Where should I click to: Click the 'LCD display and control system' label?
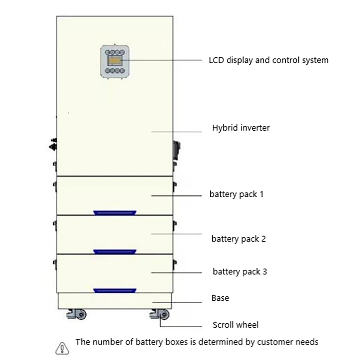click(x=269, y=60)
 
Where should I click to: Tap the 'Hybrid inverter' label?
click(x=240, y=128)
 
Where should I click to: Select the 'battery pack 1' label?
click(x=237, y=194)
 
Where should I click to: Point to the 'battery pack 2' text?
click(x=238, y=239)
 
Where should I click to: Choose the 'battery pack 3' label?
click(x=240, y=271)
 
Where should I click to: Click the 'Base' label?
click(x=220, y=298)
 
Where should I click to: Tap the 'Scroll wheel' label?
click(x=235, y=325)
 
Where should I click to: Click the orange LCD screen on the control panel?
click(x=115, y=61)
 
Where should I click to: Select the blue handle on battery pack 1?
click(x=115, y=213)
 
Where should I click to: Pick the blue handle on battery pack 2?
click(x=115, y=252)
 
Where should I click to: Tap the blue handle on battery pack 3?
click(x=115, y=291)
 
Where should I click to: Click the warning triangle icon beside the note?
click(x=62, y=348)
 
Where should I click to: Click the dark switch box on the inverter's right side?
click(x=177, y=148)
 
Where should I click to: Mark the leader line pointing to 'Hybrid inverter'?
click(x=176, y=132)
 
